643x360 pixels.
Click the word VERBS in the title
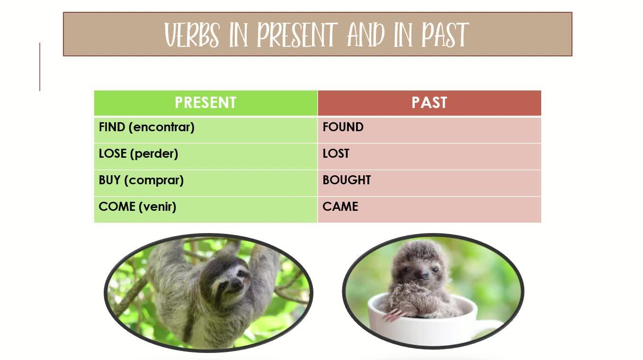click(192, 35)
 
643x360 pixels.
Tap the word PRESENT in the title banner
click(297, 35)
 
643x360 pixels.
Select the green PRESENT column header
click(205, 103)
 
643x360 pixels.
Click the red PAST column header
click(429, 103)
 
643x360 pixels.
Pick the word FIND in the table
click(112, 127)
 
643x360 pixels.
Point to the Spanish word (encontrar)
click(161, 127)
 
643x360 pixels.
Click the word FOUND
click(343, 127)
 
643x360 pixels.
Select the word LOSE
click(113, 153)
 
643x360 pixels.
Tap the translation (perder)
click(154, 154)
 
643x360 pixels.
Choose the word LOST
click(336, 153)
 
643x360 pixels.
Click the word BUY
click(110, 180)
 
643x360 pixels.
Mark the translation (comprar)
click(154, 180)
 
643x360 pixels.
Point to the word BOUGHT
click(347, 180)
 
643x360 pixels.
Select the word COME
click(117, 207)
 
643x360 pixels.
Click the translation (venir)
click(157, 207)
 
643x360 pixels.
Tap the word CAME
click(340, 207)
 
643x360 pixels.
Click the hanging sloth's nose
click(237, 284)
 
